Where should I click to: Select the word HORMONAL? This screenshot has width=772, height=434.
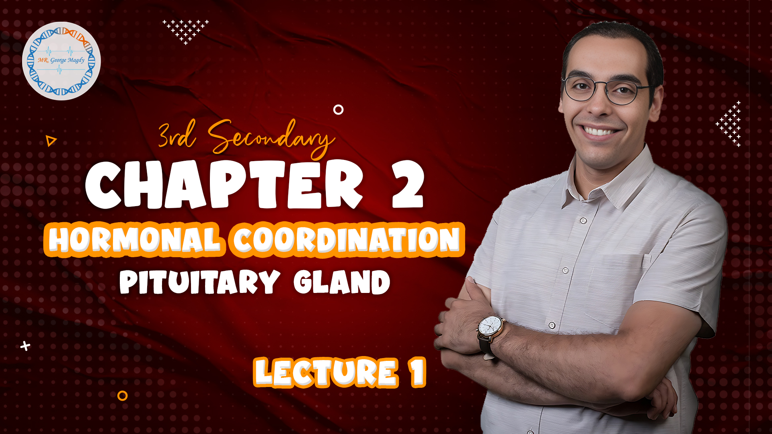pos(134,240)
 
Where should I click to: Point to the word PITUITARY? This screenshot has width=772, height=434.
pos(199,282)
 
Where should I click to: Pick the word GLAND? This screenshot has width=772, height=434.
pos(342,282)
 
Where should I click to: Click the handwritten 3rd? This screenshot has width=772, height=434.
pos(177,135)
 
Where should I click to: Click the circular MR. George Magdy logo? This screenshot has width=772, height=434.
pos(62,61)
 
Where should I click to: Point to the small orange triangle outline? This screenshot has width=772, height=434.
pos(51,141)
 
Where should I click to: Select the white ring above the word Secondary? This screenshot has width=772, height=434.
pos(339,109)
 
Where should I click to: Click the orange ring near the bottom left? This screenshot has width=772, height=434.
pos(122,396)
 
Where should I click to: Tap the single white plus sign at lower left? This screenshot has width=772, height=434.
pos(25,346)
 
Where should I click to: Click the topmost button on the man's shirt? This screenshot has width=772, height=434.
pos(583,220)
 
